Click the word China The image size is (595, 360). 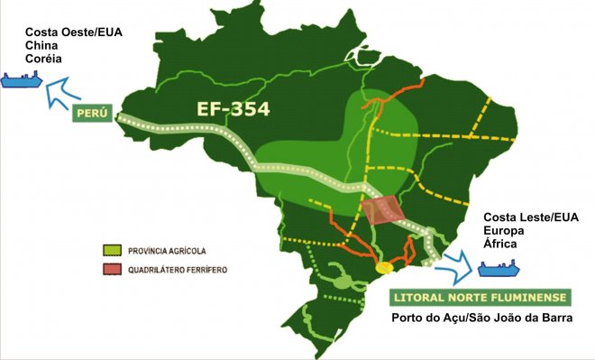tap(41, 45)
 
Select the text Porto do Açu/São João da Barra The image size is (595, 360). tap(482, 318)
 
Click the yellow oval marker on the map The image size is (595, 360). tap(384, 268)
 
